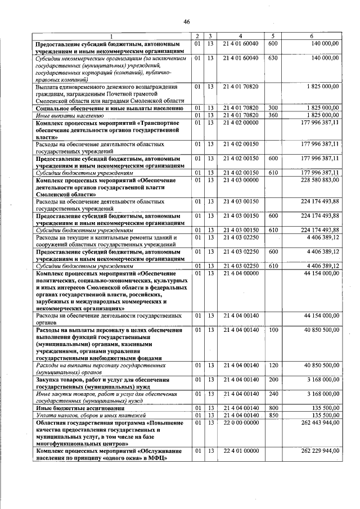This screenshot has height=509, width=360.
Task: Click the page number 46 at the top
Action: pos(186,22)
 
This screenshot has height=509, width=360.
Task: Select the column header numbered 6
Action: pos(312,37)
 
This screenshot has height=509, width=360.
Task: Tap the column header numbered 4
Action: pos(240,37)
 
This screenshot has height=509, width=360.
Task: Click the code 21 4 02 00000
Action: pos(240,122)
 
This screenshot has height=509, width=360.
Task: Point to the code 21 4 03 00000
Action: pos(240,181)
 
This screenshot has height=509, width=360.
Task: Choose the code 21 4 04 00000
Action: pos(240,273)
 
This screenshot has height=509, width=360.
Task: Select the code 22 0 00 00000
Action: pos(240,422)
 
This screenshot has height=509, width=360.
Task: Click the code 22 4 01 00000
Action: pos(240,451)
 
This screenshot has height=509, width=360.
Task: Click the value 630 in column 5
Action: pos(273,57)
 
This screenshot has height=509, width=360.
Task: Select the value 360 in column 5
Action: pos(273,115)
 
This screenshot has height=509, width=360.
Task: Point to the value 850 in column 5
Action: pos(273,415)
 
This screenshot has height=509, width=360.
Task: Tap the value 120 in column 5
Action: pos(273,366)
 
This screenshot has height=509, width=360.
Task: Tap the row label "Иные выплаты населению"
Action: pos(61,115)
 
